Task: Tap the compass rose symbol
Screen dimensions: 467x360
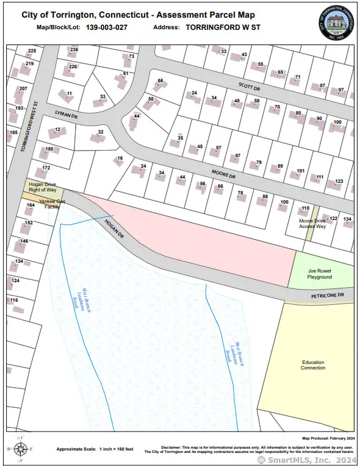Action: point(21,449)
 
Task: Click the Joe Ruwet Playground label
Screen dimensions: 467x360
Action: point(319,273)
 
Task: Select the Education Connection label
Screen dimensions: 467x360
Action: point(313,365)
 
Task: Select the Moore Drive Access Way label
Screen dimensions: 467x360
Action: point(312,224)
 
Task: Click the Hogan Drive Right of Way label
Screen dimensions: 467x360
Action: point(43,186)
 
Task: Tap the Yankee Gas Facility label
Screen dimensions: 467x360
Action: point(51,203)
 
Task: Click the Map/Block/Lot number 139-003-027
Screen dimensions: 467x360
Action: point(107,27)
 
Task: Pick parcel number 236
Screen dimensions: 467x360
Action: point(74,49)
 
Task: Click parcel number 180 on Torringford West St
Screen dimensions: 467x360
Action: point(49,149)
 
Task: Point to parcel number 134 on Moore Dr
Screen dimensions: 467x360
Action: point(347,219)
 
